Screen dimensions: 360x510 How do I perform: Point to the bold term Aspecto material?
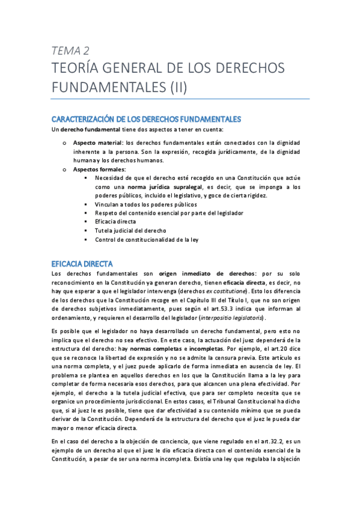[97, 143]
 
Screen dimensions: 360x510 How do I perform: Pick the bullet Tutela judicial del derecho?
[130, 230]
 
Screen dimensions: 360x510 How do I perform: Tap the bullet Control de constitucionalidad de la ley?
[147, 239]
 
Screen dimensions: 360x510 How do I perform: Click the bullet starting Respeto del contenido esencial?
[160, 213]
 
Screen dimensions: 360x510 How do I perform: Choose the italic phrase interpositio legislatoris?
[230, 318]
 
